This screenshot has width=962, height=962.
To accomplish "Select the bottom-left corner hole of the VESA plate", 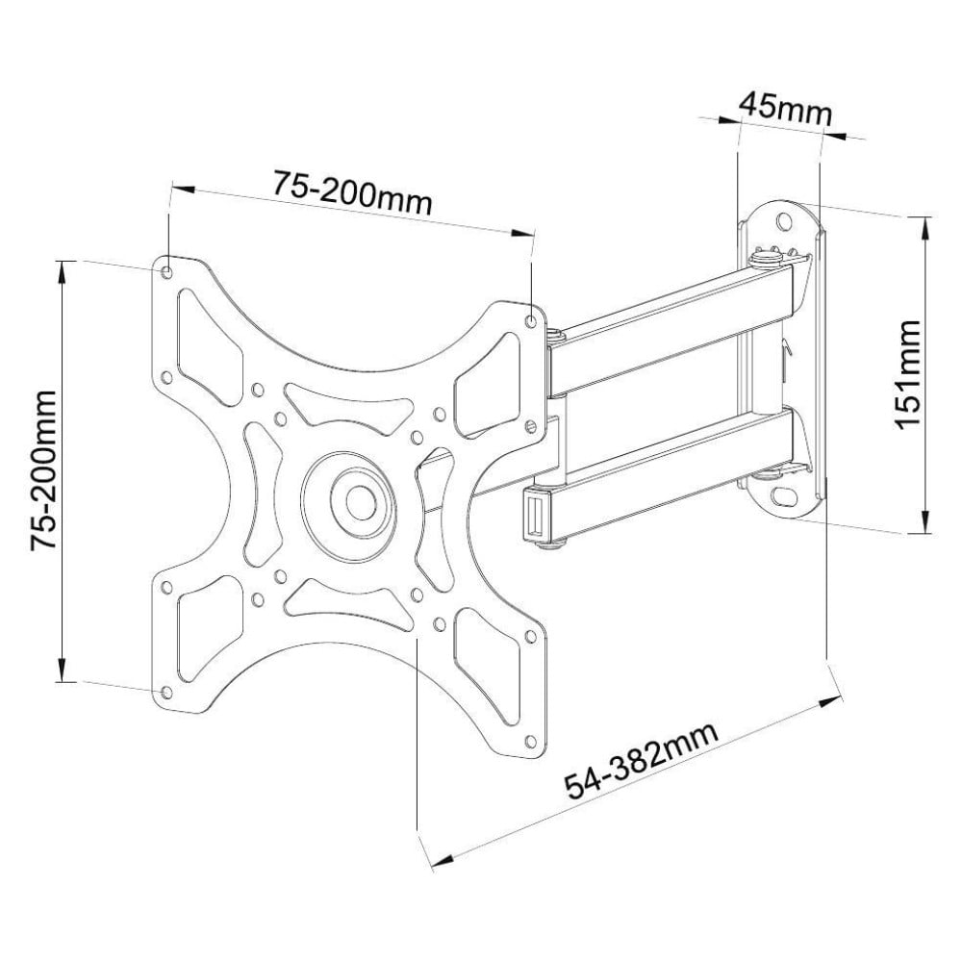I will click(x=166, y=692).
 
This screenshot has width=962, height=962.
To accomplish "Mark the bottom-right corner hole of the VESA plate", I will click(x=528, y=741).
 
